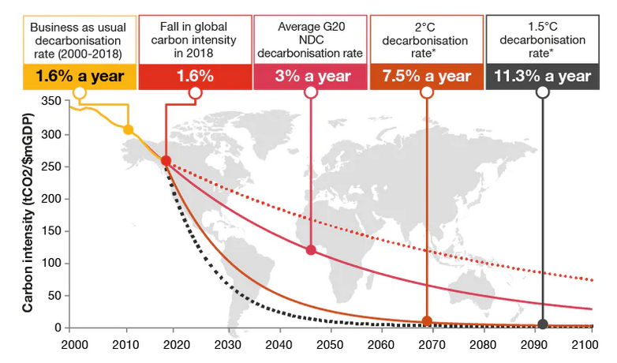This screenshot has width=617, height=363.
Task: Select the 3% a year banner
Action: (310, 77)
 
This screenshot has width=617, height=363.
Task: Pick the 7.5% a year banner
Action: (426, 77)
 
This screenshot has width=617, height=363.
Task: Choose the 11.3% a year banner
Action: (542, 77)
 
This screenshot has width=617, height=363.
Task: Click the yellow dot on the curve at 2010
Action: (128, 129)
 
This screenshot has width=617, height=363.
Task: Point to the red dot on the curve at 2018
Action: (166, 161)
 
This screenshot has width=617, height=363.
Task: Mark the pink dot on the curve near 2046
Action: (310, 250)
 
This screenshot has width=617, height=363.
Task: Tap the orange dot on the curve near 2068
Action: (427, 320)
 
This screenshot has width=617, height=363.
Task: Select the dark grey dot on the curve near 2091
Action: (543, 324)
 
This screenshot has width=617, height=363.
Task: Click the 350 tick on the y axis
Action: (49, 101)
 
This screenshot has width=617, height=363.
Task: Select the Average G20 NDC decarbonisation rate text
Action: (310, 39)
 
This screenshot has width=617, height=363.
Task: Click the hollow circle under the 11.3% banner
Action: (543, 92)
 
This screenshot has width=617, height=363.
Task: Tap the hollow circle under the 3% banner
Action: (310, 92)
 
